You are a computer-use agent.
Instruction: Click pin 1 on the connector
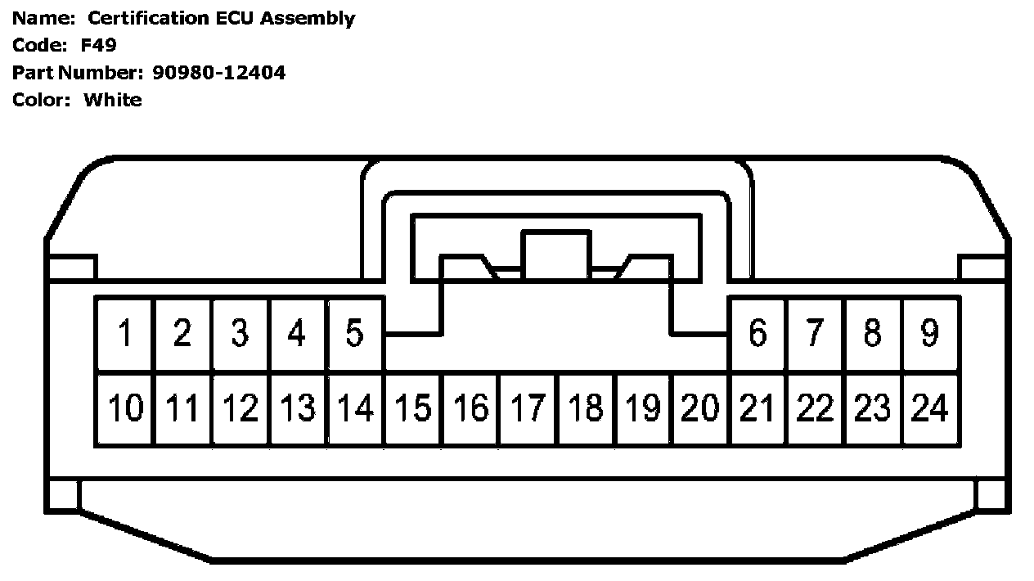point(125,333)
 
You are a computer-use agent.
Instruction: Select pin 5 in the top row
point(354,333)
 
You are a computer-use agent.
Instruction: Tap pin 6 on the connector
point(758,333)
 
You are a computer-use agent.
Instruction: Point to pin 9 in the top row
point(930,333)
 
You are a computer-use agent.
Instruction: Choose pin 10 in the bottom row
point(125,408)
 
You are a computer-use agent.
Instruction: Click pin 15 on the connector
point(412,408)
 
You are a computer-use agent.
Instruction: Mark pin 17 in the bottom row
point(528,408)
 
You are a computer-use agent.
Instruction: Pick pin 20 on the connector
point(700,408)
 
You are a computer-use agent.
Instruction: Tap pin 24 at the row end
point(930,408)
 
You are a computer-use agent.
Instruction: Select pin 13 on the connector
point(297,408)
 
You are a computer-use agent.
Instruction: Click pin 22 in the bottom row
point(815,408)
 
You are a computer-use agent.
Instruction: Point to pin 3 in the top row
point(240,333)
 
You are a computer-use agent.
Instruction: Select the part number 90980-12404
point(218,73)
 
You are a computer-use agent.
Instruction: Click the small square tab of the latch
point(556,254)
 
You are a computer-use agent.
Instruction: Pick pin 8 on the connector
point(873,333)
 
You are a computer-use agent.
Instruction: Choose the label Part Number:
point(78,73)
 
